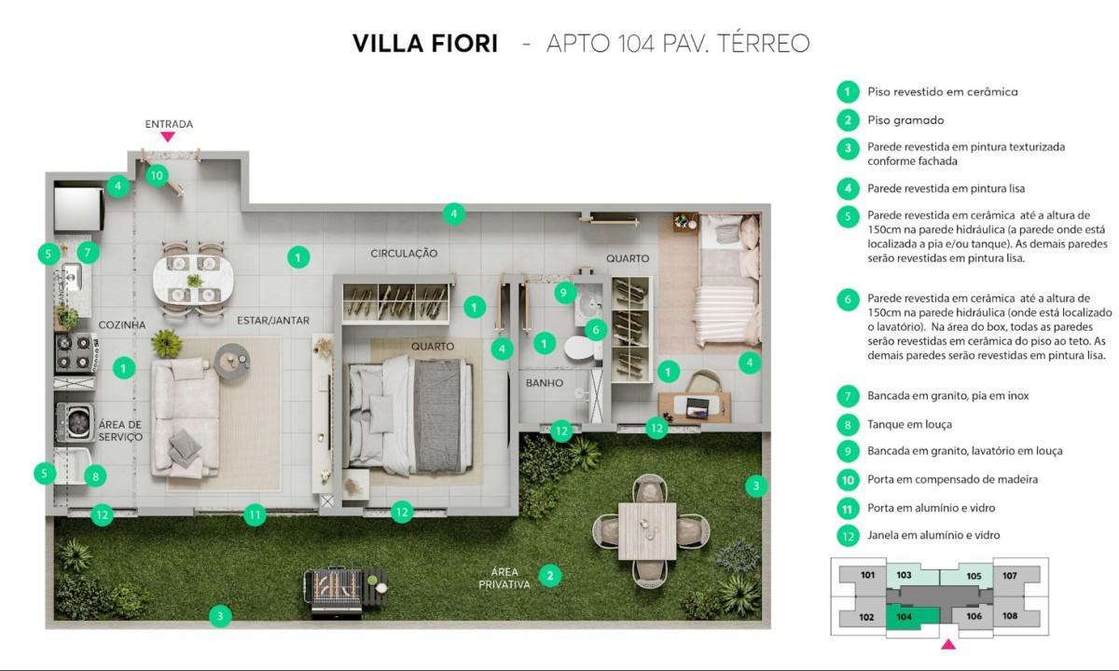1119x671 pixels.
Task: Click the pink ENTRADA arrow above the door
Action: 168,136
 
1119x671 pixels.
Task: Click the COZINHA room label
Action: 122,324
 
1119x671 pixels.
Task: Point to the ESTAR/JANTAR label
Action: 273,321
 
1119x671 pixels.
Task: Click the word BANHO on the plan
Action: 544,383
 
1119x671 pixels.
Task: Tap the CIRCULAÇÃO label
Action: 404,253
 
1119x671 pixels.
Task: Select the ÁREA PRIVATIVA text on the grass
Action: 504,578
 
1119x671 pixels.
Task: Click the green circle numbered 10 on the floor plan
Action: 156,174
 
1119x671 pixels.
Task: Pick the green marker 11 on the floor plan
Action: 255,514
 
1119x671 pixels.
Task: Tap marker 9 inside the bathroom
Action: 563,293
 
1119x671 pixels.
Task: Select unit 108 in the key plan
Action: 1010,616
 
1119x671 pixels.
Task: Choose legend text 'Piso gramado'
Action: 905,120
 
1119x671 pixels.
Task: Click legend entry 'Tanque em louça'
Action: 909,424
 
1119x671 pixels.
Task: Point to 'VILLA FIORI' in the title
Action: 424,44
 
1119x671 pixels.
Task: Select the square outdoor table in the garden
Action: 646,530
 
